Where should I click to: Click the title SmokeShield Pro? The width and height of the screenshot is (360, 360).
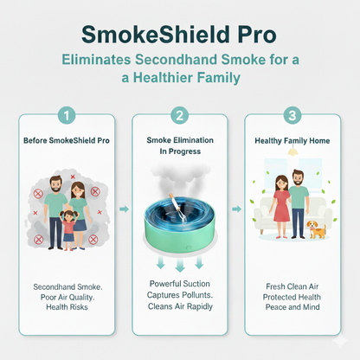coord(179,35)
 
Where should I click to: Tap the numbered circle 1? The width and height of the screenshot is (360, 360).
coord(67,116)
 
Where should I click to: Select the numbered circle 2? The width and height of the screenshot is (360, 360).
coord(180,116)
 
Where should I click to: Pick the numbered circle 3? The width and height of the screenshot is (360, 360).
coord(292,116)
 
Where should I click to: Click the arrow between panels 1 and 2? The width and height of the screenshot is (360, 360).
coord(124,209)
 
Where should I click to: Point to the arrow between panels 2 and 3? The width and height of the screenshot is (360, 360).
coord(236,209)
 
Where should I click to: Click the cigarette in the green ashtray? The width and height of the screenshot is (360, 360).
coord(177,205)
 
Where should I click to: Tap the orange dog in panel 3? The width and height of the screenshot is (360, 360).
coord(317,230)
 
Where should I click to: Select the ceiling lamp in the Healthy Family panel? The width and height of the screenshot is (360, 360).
coord(292,151)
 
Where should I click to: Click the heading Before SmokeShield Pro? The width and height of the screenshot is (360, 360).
coord(67,141)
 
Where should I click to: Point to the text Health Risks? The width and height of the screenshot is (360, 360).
coord(67,307)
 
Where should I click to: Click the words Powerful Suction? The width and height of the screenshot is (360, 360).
coord(180,284)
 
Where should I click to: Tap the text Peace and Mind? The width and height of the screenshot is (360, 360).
coord(292,307)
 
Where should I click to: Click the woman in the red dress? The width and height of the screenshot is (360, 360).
coord(281,207)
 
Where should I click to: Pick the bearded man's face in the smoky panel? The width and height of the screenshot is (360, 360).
coord(56,184)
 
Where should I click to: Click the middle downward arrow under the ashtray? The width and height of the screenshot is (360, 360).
coord(180,265)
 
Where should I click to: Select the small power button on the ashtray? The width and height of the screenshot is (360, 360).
coord(189,247)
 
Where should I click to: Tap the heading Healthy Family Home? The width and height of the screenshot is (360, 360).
coord(292,141)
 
